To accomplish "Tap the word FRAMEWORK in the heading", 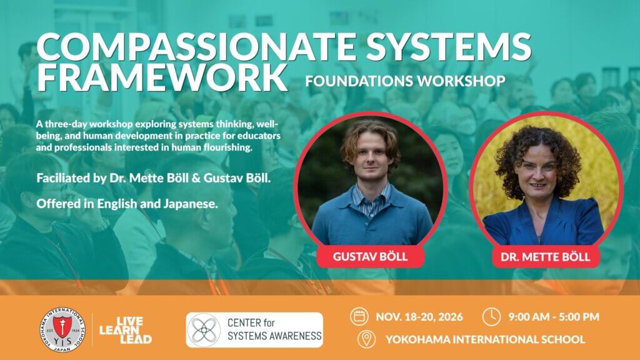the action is click(x=162, y=77).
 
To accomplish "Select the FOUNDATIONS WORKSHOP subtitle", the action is click(x=405, y=81).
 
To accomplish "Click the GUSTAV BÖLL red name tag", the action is click(x=370, y=256).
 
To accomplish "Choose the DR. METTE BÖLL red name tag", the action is click(x=546, y=257).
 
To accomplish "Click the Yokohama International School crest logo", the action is click(x=62, y=330).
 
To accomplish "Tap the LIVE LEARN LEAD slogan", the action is click(x=126, y=330).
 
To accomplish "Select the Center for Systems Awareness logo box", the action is click(x=254, y=330).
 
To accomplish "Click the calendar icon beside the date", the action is click(x=359, y=317).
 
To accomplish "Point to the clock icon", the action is click(x=491, y=317).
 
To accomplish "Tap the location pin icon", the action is click(x=366, y=339).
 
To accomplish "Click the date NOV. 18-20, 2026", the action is click(x=419, y=317).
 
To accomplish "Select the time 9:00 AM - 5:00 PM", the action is click(x=554, y=317).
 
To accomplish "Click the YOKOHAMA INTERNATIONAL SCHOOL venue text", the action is click(x=485, y=339).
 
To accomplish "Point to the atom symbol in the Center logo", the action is click(x=204, y=330).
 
